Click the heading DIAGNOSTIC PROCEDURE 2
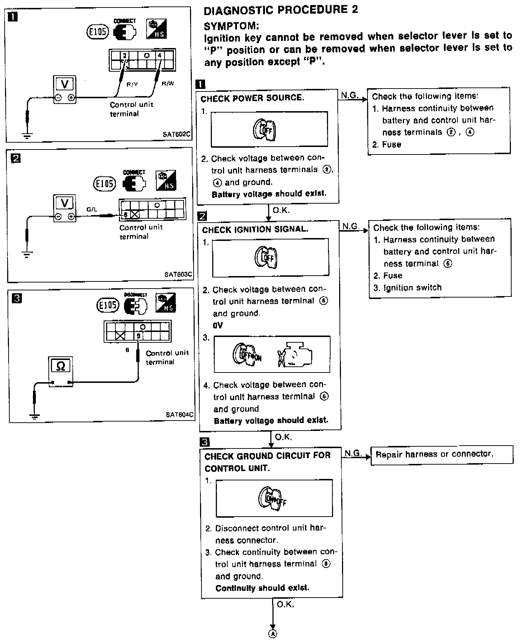coord(281,10)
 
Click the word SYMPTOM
coord(231,26)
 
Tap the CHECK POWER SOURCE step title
coord(252,98)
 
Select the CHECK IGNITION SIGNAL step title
coord(255,229)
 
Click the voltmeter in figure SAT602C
coord(65,89)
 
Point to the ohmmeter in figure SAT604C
coord(61,371)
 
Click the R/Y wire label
coord(132,85)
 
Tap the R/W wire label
coord(167,84)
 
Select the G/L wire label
coord(92,209)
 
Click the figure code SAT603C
coord(178,275)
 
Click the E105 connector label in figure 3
coord(107,305)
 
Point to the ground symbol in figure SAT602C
coord(27,136)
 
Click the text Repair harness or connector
coord(434,454)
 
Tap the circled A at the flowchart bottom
coord(273,633)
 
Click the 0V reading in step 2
coord(218,325)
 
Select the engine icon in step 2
coord(295,355)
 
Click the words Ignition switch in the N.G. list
coord(412,288)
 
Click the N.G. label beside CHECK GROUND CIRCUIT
coord(352,454)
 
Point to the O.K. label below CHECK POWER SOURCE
coord(281,210)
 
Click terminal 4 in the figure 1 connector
coord(160,55)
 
